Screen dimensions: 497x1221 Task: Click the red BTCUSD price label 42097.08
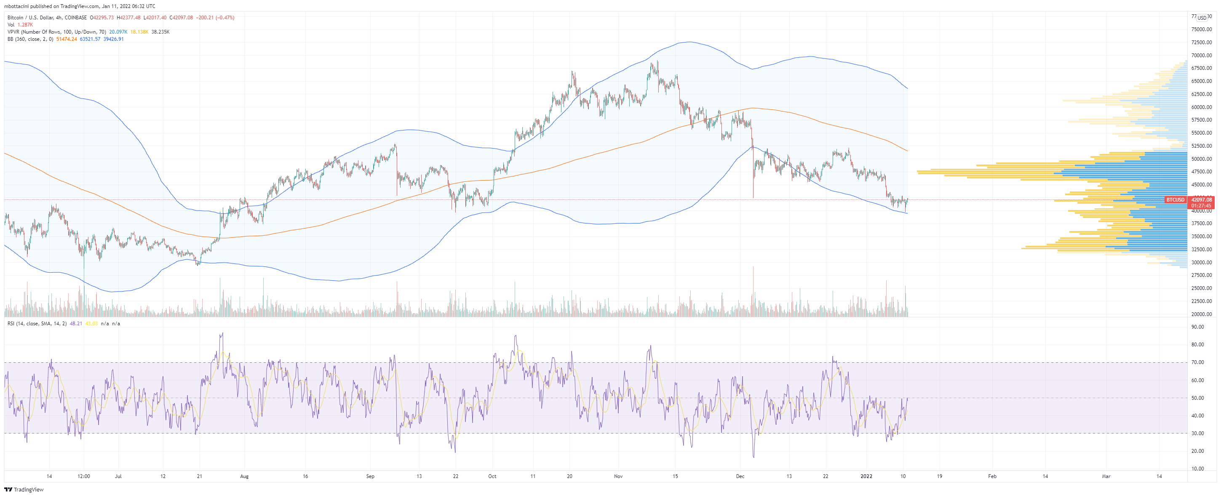point(1202,200)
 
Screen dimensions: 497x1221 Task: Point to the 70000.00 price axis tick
point(1202,56)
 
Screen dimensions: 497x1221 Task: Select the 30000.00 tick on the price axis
point(1202,263)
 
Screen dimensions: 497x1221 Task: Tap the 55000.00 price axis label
point(1202,133)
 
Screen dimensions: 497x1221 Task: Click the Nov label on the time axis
point(618,476)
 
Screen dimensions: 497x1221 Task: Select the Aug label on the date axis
point(244,476)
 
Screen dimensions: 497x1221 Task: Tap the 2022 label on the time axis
point(866,476)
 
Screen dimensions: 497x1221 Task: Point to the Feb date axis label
point(992,476)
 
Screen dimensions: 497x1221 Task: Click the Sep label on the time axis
point(370,476)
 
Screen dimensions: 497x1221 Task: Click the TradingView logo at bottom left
point(24,489)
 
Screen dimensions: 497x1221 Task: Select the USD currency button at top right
point(1202,18)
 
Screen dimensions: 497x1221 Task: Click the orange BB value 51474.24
point(67,39)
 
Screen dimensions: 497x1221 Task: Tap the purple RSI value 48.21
point(76,324)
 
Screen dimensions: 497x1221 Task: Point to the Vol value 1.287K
point(25,25)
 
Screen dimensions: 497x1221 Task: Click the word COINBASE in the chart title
point(75,18)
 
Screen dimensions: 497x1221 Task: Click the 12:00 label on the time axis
point(83,476)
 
